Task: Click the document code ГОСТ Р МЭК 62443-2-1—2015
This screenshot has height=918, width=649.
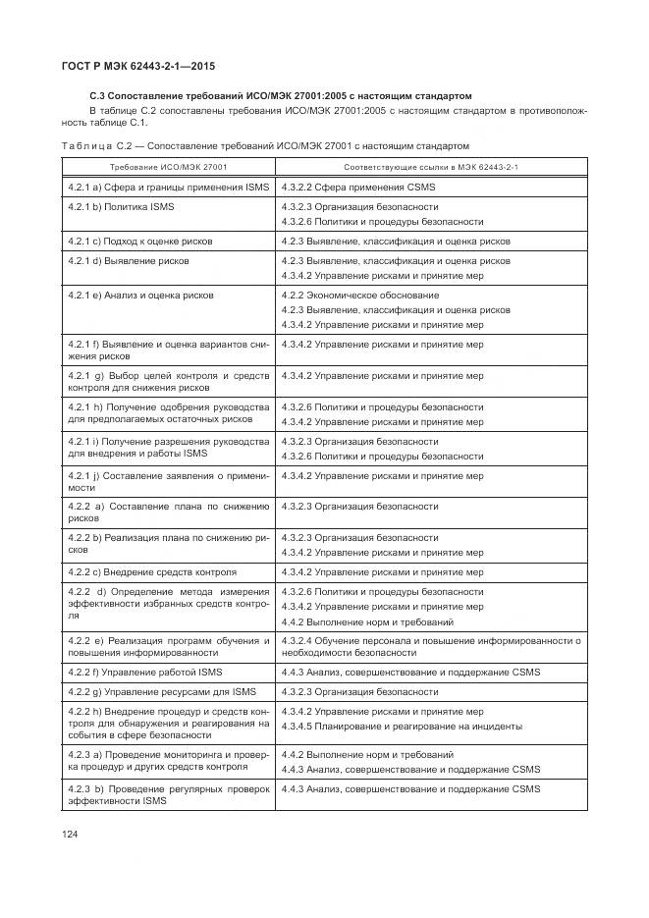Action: pos(138,66)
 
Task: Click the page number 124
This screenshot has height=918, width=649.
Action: pos(70,833)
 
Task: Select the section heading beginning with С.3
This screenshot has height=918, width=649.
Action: pos(280,96)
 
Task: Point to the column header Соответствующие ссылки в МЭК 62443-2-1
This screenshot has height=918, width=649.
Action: pos(433,167)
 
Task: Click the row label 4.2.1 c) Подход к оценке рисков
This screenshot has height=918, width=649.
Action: pos(140,241)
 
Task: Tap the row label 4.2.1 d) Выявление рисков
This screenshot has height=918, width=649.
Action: pos(129,261)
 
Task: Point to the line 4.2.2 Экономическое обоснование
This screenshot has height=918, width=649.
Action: pos(360,295)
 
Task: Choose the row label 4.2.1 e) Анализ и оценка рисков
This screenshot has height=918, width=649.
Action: pos(140,295)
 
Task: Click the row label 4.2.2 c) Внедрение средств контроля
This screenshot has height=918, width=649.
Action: pos(152,571)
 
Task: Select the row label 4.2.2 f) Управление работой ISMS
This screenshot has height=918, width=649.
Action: pos(145,672)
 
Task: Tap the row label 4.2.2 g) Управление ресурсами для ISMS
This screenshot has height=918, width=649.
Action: pos(157,691)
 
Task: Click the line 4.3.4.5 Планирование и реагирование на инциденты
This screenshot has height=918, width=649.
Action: pos(402,726)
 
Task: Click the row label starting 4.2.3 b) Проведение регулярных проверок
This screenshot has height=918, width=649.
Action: pos(169,794)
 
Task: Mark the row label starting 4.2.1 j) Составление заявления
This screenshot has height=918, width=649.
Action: pos(169,481)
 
